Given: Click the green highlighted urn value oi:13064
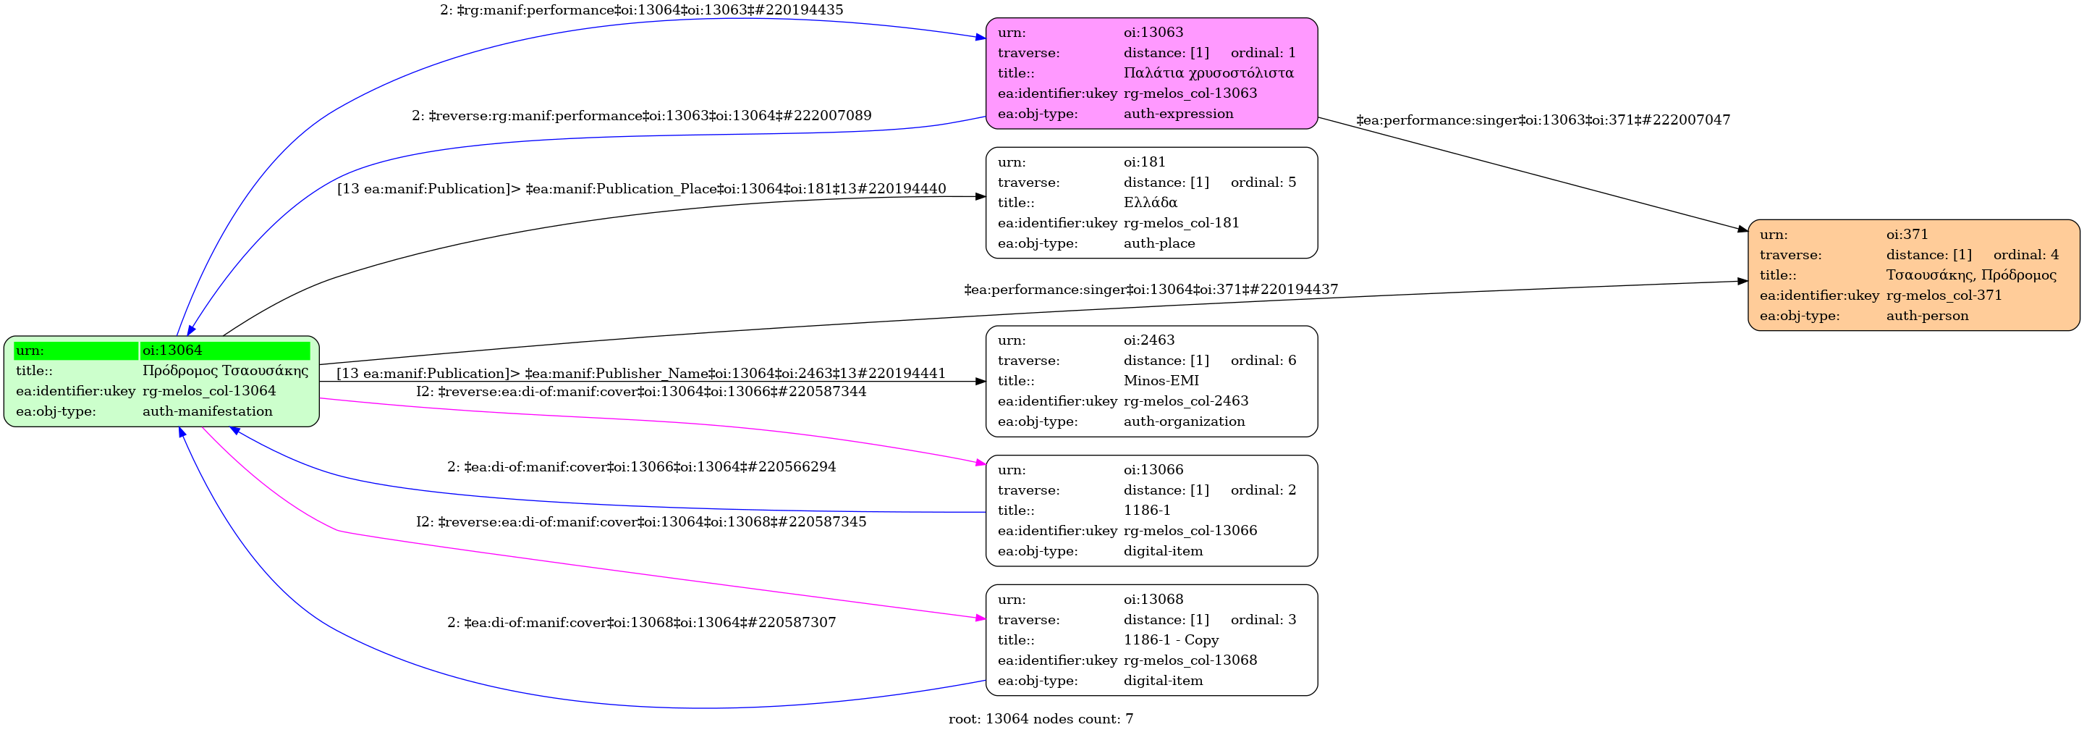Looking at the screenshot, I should pos(172,350).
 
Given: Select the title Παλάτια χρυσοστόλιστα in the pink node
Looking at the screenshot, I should pos(1208,73).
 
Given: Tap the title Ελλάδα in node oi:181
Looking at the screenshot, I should pos(1150,202).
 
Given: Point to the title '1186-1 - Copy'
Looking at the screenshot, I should pos(1171,639).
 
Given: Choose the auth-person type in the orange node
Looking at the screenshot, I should pos(1927,316).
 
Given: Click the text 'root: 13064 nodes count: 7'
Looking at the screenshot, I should pos(1041,719).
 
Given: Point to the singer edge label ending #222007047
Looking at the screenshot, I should pos(1543,119).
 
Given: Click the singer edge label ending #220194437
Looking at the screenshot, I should pos(1151,289).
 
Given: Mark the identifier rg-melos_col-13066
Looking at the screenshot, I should pos(1190,530).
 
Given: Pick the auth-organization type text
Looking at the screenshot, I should pos(1184,421).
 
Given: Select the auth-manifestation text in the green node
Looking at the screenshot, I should pos(207,411).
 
